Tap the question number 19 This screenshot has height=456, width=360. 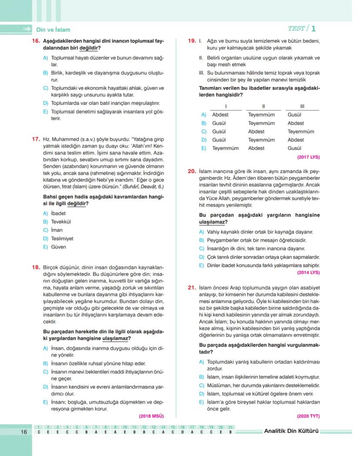[x=192, y=41]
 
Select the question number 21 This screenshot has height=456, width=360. [x=192, y=287]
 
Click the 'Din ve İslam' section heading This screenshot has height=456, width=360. [x=53, y=30]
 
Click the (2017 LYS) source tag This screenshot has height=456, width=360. [x=308, y=156]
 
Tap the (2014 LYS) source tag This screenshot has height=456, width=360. [x=308, y=273]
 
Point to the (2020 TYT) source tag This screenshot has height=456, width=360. [x=308, y=416]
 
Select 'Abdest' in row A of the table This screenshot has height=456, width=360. [x=220, y=115]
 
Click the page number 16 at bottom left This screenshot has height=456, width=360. [x=24, y=432]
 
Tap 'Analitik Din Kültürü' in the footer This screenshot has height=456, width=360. [x=291, y=432]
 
